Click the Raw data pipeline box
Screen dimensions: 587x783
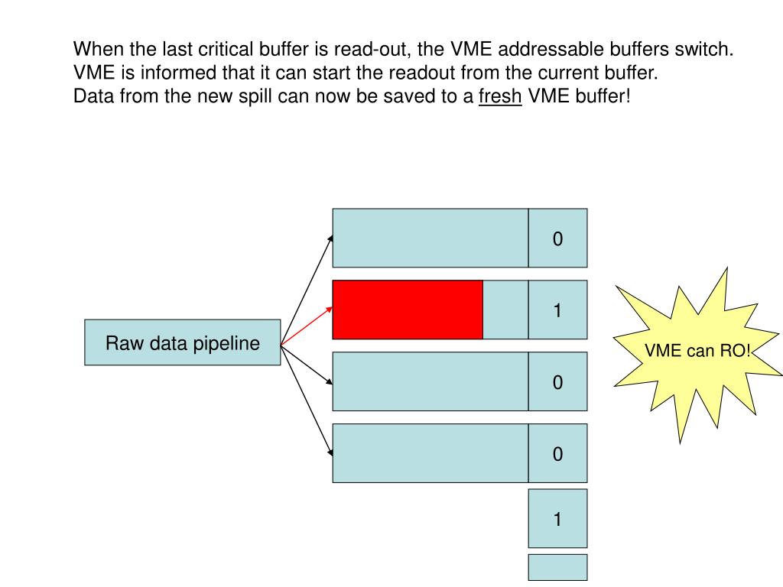click(x=182, y=342)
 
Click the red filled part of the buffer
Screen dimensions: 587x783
click(x=407, y=310)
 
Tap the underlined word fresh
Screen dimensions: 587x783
click(x=500, y=97)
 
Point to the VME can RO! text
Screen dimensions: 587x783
click(x=697, y=351)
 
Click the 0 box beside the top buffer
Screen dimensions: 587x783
click(x=557, y=238)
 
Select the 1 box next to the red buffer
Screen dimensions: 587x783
click(x=557, y=310)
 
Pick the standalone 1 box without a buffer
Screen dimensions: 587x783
click(x=557, y=519)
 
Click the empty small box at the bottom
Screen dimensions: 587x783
click(x=557, y=567)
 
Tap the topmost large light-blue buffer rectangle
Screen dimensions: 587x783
click(x=430, y=238)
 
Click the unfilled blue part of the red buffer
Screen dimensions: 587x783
click(x=505, y=310)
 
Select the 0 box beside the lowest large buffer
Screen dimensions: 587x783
click(x=557, y=454)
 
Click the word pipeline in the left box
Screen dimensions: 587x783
click(x=226, y=343)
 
